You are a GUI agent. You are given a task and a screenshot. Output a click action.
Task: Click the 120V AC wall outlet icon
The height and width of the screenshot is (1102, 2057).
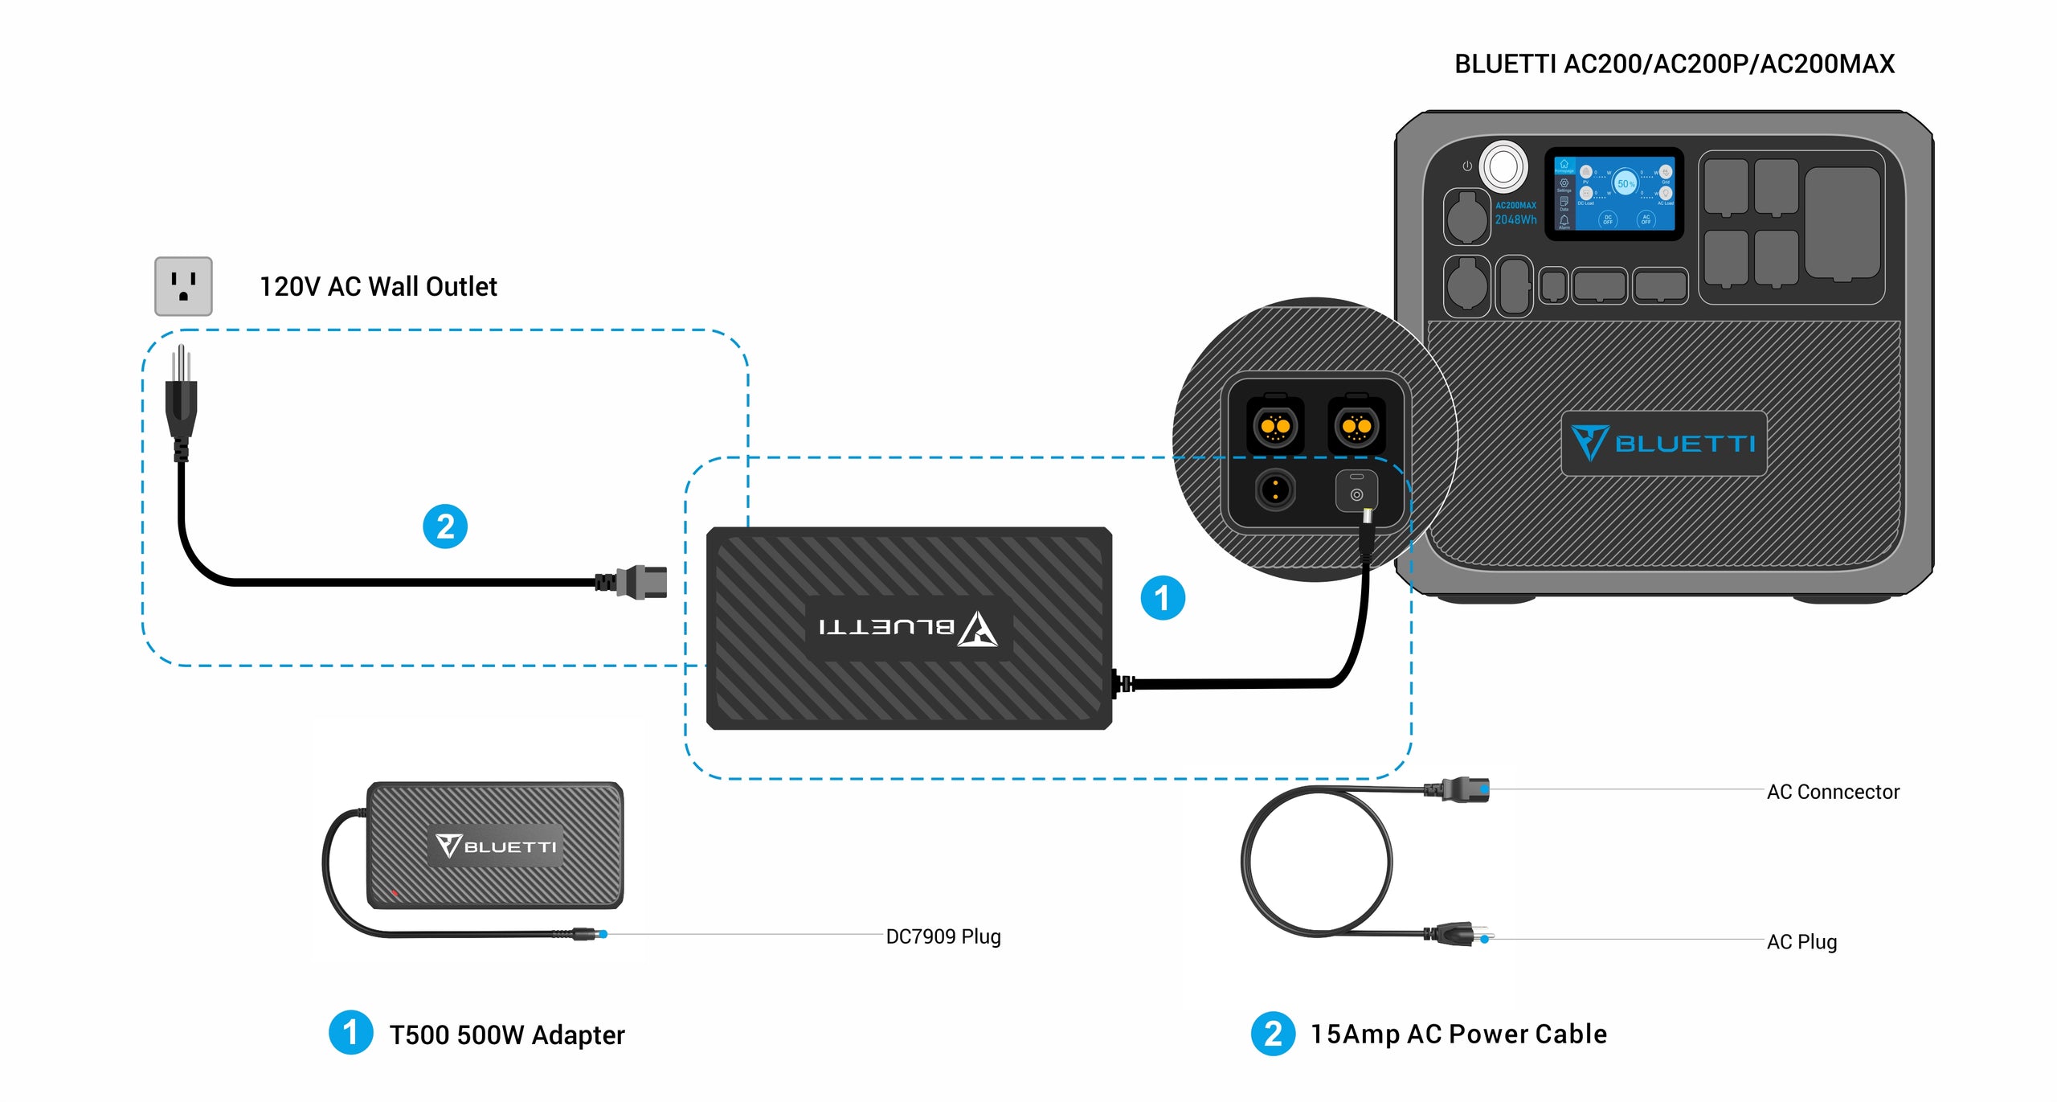(183, 286)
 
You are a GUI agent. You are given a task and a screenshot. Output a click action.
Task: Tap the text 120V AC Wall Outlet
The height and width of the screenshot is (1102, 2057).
(378, 287)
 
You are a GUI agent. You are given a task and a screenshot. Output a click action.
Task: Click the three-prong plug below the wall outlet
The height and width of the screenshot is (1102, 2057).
(182, 402)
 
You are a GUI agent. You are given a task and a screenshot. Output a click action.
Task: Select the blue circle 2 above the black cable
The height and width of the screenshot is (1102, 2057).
(445, 526)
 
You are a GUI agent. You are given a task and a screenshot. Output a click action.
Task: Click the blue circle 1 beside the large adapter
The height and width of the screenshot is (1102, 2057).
(1163, 598)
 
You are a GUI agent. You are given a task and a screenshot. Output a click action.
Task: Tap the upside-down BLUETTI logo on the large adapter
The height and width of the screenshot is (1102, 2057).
(909, 628)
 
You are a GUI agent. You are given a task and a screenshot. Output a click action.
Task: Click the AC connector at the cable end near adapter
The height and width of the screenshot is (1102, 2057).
(643, 582)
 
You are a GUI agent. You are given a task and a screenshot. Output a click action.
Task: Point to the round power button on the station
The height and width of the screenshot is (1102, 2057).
(1503, 167)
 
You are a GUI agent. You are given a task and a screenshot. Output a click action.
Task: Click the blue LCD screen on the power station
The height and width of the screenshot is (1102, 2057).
(1613, 194)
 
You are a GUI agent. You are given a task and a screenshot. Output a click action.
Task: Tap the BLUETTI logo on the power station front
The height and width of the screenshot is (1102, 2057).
(1663, 444)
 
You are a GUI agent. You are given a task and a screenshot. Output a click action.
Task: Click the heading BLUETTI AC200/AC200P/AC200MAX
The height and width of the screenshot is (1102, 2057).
(1675, 64)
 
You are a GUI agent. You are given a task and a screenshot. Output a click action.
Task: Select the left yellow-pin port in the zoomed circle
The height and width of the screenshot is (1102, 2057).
(1275, 426)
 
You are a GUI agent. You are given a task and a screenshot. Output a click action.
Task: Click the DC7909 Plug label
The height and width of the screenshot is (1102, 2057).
(943, 936)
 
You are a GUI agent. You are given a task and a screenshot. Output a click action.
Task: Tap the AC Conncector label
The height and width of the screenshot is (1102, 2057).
(1833, 792)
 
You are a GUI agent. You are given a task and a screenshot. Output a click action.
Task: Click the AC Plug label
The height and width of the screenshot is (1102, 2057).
(1801, 941)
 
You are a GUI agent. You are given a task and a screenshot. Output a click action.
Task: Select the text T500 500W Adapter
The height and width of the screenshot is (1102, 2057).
(507, 1035)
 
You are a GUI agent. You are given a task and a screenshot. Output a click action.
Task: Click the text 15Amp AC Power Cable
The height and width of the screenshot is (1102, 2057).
(1458, 1034)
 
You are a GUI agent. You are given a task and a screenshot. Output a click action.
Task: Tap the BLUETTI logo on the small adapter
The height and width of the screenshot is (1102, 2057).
(496, 846)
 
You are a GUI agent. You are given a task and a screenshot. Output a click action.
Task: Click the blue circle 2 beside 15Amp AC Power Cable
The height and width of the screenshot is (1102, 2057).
(1273, 1034)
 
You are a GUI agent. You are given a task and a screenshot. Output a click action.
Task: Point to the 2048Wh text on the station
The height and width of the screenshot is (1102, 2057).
(1515, 219)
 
